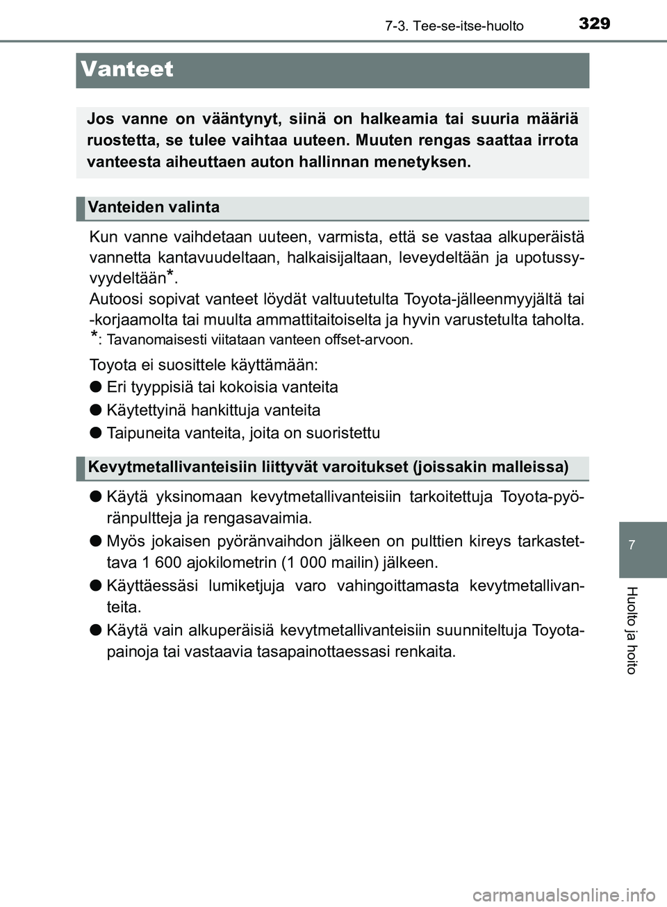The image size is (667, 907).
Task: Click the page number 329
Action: click(594, 24)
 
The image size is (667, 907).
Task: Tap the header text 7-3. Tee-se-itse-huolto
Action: click(454, 26)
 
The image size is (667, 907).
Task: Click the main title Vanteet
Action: click(127, 70)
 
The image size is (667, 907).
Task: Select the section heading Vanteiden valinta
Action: click(154, 207)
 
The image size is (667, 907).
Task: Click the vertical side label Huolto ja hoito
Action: click(631, 630)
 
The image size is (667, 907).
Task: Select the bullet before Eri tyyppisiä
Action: click(95, 387)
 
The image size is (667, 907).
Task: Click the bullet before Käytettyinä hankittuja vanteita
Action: click(95, 410)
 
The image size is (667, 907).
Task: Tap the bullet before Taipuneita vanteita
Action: click(95, 433)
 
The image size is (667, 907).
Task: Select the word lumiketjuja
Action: click(247, 585)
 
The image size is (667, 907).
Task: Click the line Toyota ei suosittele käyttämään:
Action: click(204, 364)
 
